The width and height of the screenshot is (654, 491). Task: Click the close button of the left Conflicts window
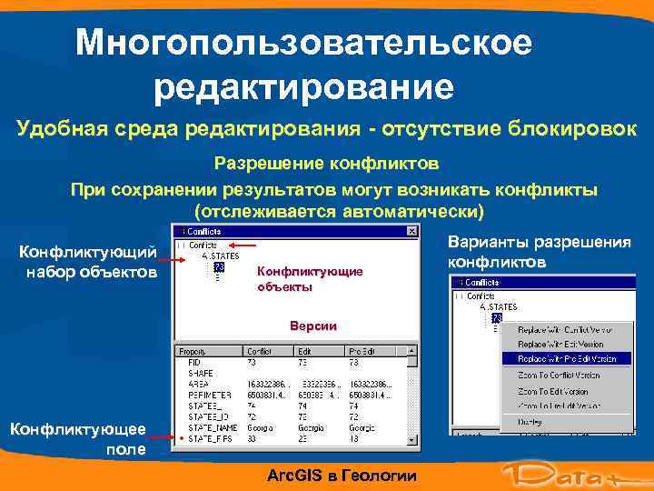pos(411,231)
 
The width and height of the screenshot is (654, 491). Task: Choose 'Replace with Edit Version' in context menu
pos(560,345)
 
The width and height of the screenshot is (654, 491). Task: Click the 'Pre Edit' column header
pos(364,350)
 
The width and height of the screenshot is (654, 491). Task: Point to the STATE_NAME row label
pos(213,426)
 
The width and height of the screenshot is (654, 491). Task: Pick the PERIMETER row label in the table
pos(209,395)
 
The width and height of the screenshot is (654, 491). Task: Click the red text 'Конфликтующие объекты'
pos(310,278)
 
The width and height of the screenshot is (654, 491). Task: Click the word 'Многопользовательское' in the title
pos(303,43)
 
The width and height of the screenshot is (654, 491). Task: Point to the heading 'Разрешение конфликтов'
pos(326,165)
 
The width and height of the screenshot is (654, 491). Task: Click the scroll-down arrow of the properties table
pos(412,440)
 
